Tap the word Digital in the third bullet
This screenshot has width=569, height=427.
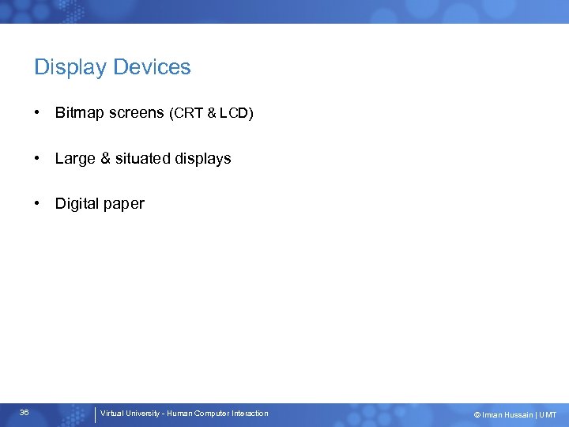(x=77, y=204)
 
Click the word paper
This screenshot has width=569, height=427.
(x=124, y=205)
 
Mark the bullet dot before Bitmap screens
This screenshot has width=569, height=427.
(x=38, y=113)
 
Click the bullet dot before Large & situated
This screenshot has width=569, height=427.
(x=38, y=158)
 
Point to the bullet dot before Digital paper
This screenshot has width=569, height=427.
(x=38, y=203)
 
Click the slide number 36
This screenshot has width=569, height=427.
(x=24, y=413)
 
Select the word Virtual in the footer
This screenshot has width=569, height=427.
(x=111, y=414)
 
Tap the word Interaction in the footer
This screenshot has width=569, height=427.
(x=250, y=414)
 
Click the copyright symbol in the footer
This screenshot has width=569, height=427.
(x=477, y=415)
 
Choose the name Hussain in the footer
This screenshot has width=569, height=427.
(x=517, y=415)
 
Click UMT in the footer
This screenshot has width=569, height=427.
(x=548, y=415)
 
